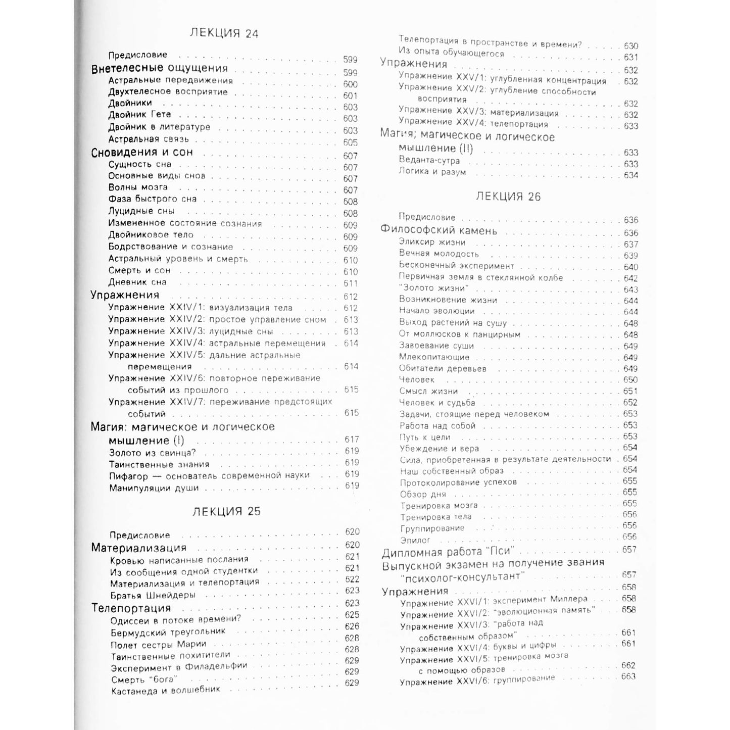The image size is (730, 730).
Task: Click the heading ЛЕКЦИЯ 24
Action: pyautogui.click(x=224, y=33)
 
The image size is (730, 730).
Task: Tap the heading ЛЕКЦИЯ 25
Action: pyautogui.click(x=226, y=511)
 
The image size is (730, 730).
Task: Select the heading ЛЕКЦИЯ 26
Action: pyautogui.click(x=508, y=197)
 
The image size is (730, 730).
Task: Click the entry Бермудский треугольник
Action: pyautogui.click(x=168, y=632)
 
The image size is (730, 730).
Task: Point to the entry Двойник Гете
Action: pyautogui.click(x=139, y=115)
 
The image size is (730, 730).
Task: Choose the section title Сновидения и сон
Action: pyautogui.click(x=142, y=153)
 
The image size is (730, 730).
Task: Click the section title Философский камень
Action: pyautogui.click(x=439, y=231)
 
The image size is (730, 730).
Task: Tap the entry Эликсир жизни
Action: pyautogui.click(x=432, y=242)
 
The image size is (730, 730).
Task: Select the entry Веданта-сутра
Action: pyautogui.click(x=429, y=161)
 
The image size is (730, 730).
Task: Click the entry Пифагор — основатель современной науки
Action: pyautogui.click(x=209, y=476)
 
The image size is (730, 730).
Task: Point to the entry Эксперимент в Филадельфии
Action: pyautogui.click(x=179, y=667)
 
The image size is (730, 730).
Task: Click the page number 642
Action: pyautogui.click(x=630, y=278)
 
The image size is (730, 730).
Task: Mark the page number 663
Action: pyautogui.click(x=628, y=676)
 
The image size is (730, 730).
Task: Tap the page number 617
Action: pyautogui.click(x=351, y=440)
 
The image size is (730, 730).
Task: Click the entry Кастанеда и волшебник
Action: pyautogui.click(x=165, y=691)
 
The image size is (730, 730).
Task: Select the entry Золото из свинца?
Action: pyautogui.click(x=152, y=453)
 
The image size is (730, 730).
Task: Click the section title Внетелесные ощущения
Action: pyautogui.click(x=159, y=68)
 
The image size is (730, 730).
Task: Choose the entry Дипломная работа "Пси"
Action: pyautogui.click(x=447, y=552)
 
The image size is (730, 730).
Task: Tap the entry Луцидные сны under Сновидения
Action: pyautogui.click(x=141, y=211)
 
